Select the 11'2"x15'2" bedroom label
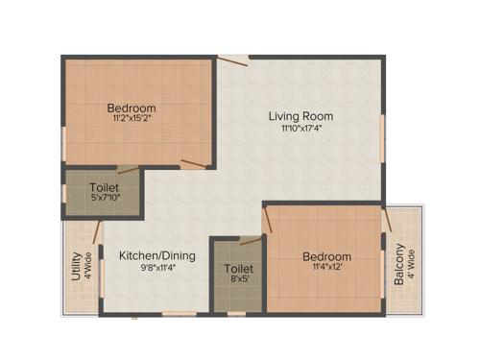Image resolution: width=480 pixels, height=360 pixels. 132,108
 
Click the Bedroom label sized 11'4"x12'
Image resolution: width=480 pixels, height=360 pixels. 326,256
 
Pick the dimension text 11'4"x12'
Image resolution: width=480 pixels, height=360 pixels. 326,269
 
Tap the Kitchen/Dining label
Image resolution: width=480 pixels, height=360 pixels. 157,255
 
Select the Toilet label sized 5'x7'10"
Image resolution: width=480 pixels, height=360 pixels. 104,186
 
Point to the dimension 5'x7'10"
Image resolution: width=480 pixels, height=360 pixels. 104,199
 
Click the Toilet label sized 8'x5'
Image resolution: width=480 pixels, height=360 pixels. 238,269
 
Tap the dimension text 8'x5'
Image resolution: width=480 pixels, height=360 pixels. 238,281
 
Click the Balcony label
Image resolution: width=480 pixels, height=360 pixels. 398,263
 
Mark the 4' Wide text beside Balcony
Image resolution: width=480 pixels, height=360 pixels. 411,263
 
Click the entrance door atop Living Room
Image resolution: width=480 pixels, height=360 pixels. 232,60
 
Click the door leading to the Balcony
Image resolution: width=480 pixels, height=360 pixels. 386,221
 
